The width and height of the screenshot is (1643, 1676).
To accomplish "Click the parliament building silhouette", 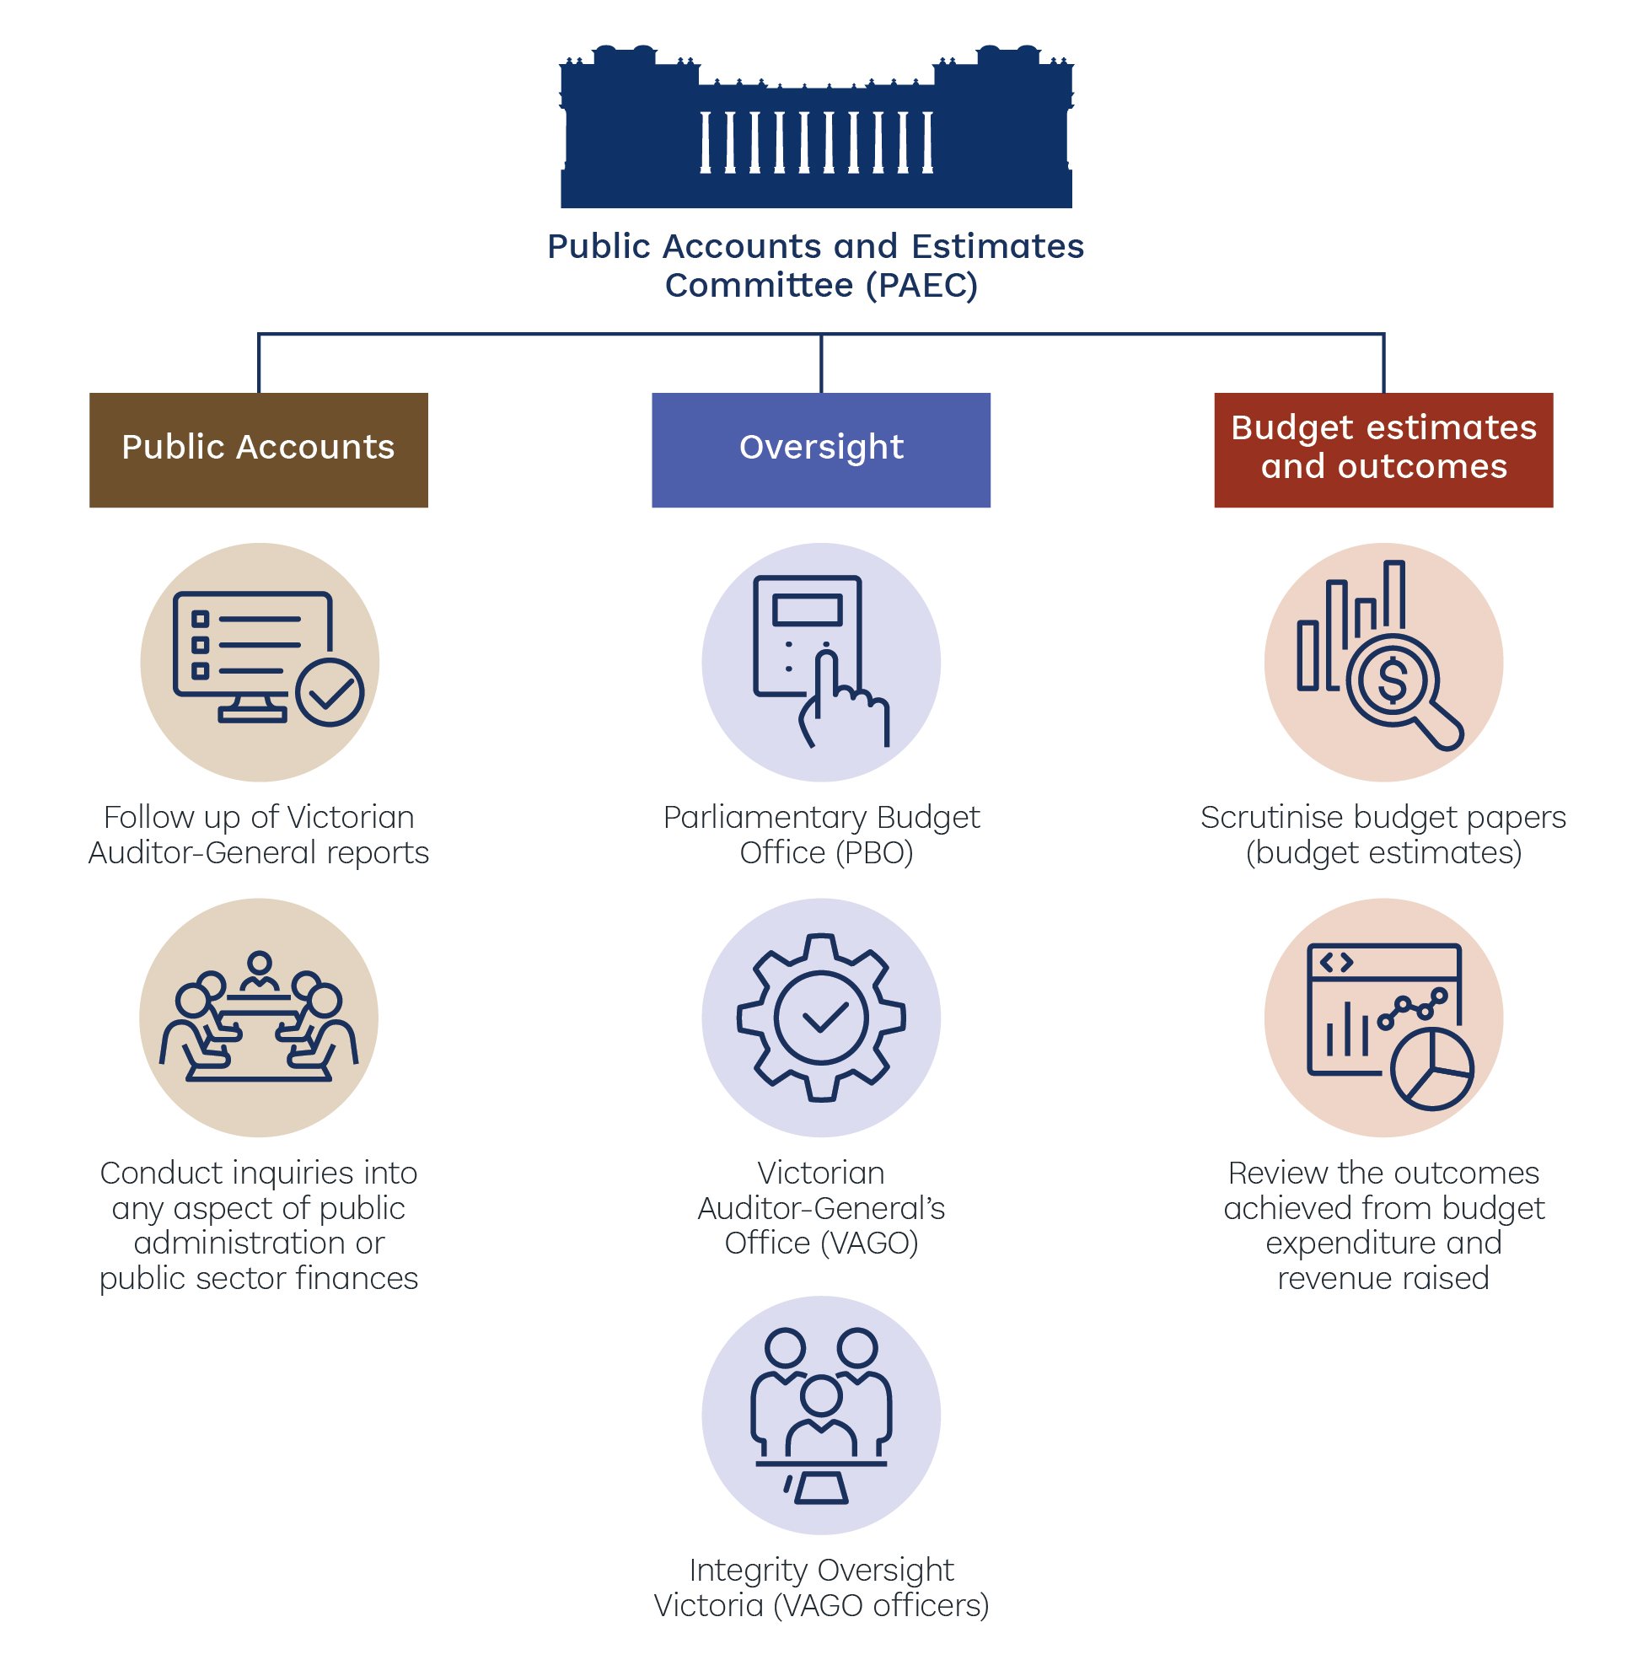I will pos(816,130).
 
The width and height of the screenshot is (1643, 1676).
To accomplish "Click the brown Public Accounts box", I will pos(258,449).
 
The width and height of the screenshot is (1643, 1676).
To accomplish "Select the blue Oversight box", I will pos(820,449).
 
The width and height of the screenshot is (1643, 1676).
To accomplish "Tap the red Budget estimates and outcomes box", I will pos(1383,449).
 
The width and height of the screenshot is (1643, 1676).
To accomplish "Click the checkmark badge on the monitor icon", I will pos(330,691).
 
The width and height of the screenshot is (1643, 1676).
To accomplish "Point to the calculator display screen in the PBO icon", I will pos(807,610).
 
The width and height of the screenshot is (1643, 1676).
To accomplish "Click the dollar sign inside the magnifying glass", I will pos(1392,679).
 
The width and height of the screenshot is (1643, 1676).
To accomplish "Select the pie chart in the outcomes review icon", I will pos(1432,1068).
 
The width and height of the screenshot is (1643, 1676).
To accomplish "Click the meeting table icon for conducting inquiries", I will pos(259,1018).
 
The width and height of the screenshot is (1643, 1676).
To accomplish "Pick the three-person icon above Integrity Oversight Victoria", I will pos(820,1415).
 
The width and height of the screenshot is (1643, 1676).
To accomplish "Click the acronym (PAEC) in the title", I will pos(921,286).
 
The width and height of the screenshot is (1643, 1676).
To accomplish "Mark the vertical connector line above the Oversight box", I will pos(820,363).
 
